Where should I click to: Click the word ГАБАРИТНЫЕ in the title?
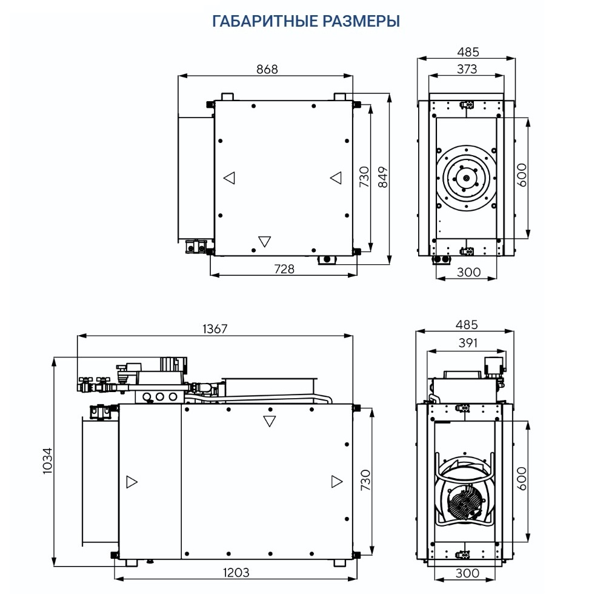point(262,22)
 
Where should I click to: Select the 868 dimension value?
point(267,69)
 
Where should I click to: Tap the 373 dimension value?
point(466,69)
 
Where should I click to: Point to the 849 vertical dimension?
point(382,178)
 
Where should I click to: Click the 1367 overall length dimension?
point(215,328)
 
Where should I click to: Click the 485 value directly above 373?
point(466,52)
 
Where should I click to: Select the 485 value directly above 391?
point(466,325)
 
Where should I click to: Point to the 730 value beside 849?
point(364,178)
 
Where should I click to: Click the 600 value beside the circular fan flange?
point(522,176)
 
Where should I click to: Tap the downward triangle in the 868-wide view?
point(264,241)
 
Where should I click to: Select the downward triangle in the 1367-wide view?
point(270,421)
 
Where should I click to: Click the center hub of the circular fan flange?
point(467,178)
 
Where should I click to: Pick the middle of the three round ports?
point(161,397)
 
